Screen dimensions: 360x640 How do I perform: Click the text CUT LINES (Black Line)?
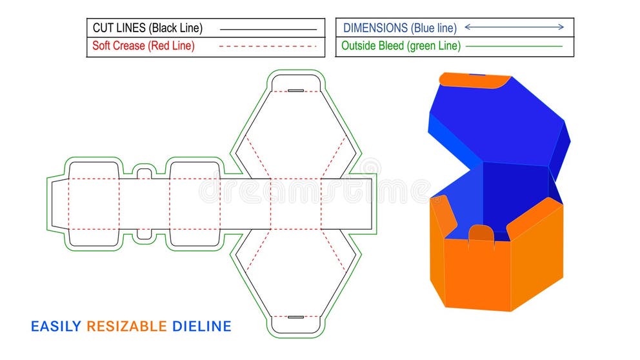tap(147, 28)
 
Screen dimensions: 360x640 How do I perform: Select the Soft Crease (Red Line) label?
tap(143, 46)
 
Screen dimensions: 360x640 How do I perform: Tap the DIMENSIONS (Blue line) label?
tap(399, 28)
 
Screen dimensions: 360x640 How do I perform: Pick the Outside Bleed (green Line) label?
tap(401, 46)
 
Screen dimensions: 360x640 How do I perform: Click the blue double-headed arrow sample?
tap(514, 27)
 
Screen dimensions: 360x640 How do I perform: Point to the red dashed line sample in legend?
tap(268, 46)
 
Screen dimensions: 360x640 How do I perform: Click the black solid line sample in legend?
tap(268, 29)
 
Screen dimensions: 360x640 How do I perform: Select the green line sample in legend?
tap(514, 46)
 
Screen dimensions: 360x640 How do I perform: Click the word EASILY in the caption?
tap(57, 326)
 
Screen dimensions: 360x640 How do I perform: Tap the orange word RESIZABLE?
tap(126, 326)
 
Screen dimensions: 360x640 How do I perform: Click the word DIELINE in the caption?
tap(201, 326)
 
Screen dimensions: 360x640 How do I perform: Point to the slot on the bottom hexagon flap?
tap(295, 317)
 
